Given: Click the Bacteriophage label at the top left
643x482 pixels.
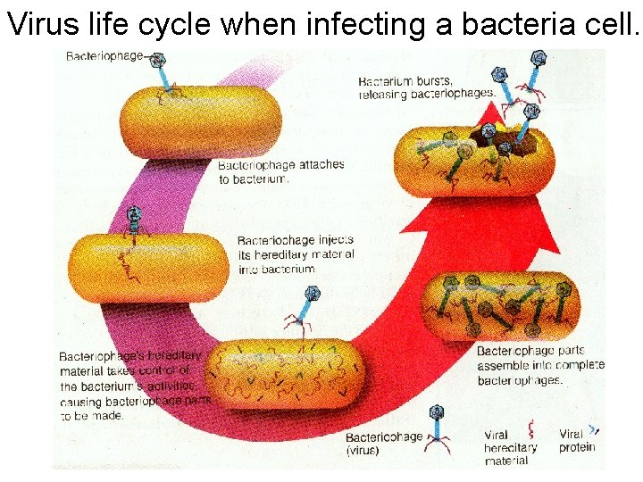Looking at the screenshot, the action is (104, 55).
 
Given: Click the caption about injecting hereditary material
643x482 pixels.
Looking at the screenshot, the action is (296, 253).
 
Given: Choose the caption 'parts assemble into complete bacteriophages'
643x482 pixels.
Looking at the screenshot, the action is (540, 365).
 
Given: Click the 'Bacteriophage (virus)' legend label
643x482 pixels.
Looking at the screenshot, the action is (384, 444).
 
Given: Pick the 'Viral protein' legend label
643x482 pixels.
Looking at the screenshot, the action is (577, 440).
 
